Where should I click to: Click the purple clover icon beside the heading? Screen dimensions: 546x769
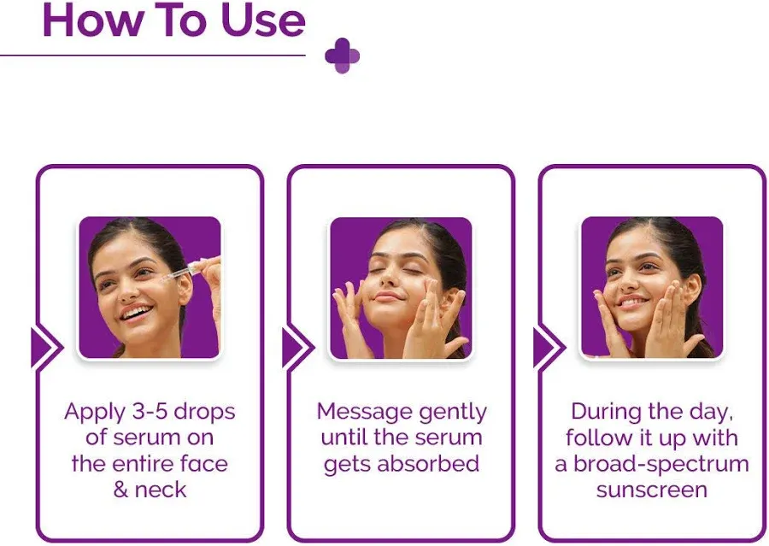click(342, 56)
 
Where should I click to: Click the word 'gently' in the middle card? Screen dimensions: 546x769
click(455, 412)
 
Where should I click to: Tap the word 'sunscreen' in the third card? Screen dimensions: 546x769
click(652, 490)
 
